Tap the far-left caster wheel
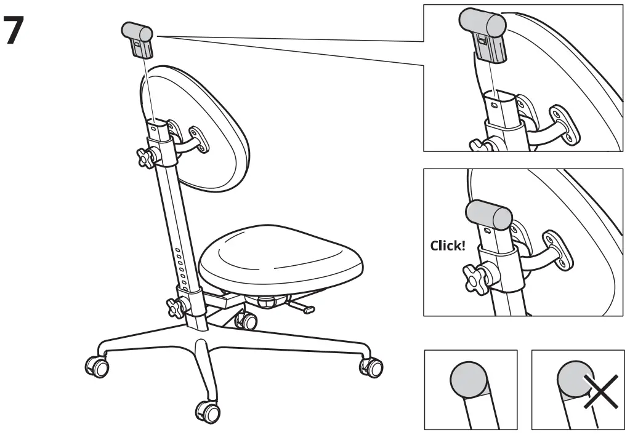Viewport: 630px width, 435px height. (97, 365)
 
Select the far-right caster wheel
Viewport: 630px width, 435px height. (371, 367)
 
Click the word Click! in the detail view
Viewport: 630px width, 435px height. (448, 245)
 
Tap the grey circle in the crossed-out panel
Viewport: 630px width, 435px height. (574, 380)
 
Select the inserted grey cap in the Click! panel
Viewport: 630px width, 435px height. (488, 214)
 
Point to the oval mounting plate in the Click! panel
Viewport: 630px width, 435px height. (558, 250)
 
